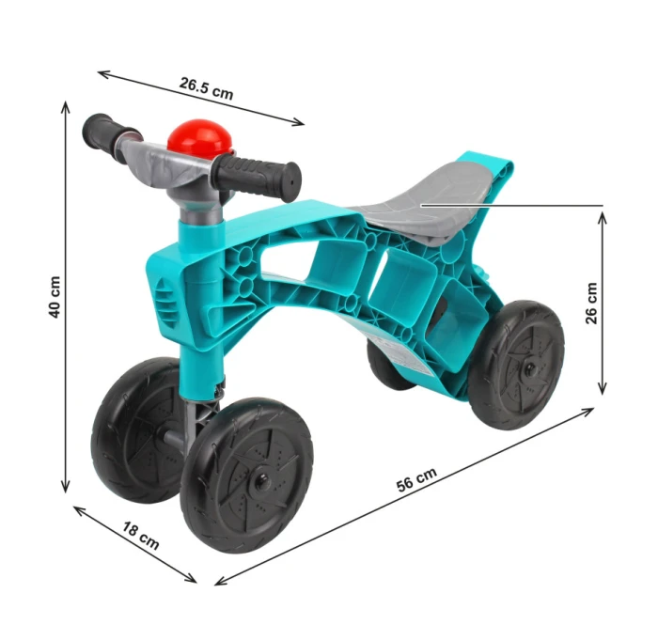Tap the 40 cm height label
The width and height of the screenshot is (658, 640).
click(55, 297)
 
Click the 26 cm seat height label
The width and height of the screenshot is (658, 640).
click(590, 303)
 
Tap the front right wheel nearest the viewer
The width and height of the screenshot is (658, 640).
click(246, 479)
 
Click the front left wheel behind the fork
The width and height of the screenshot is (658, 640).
click(132, 429)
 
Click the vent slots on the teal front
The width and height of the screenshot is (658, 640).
click(166, 302)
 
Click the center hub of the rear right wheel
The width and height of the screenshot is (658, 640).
click(525, 362)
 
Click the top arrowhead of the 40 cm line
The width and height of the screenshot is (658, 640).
click(65, 106)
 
